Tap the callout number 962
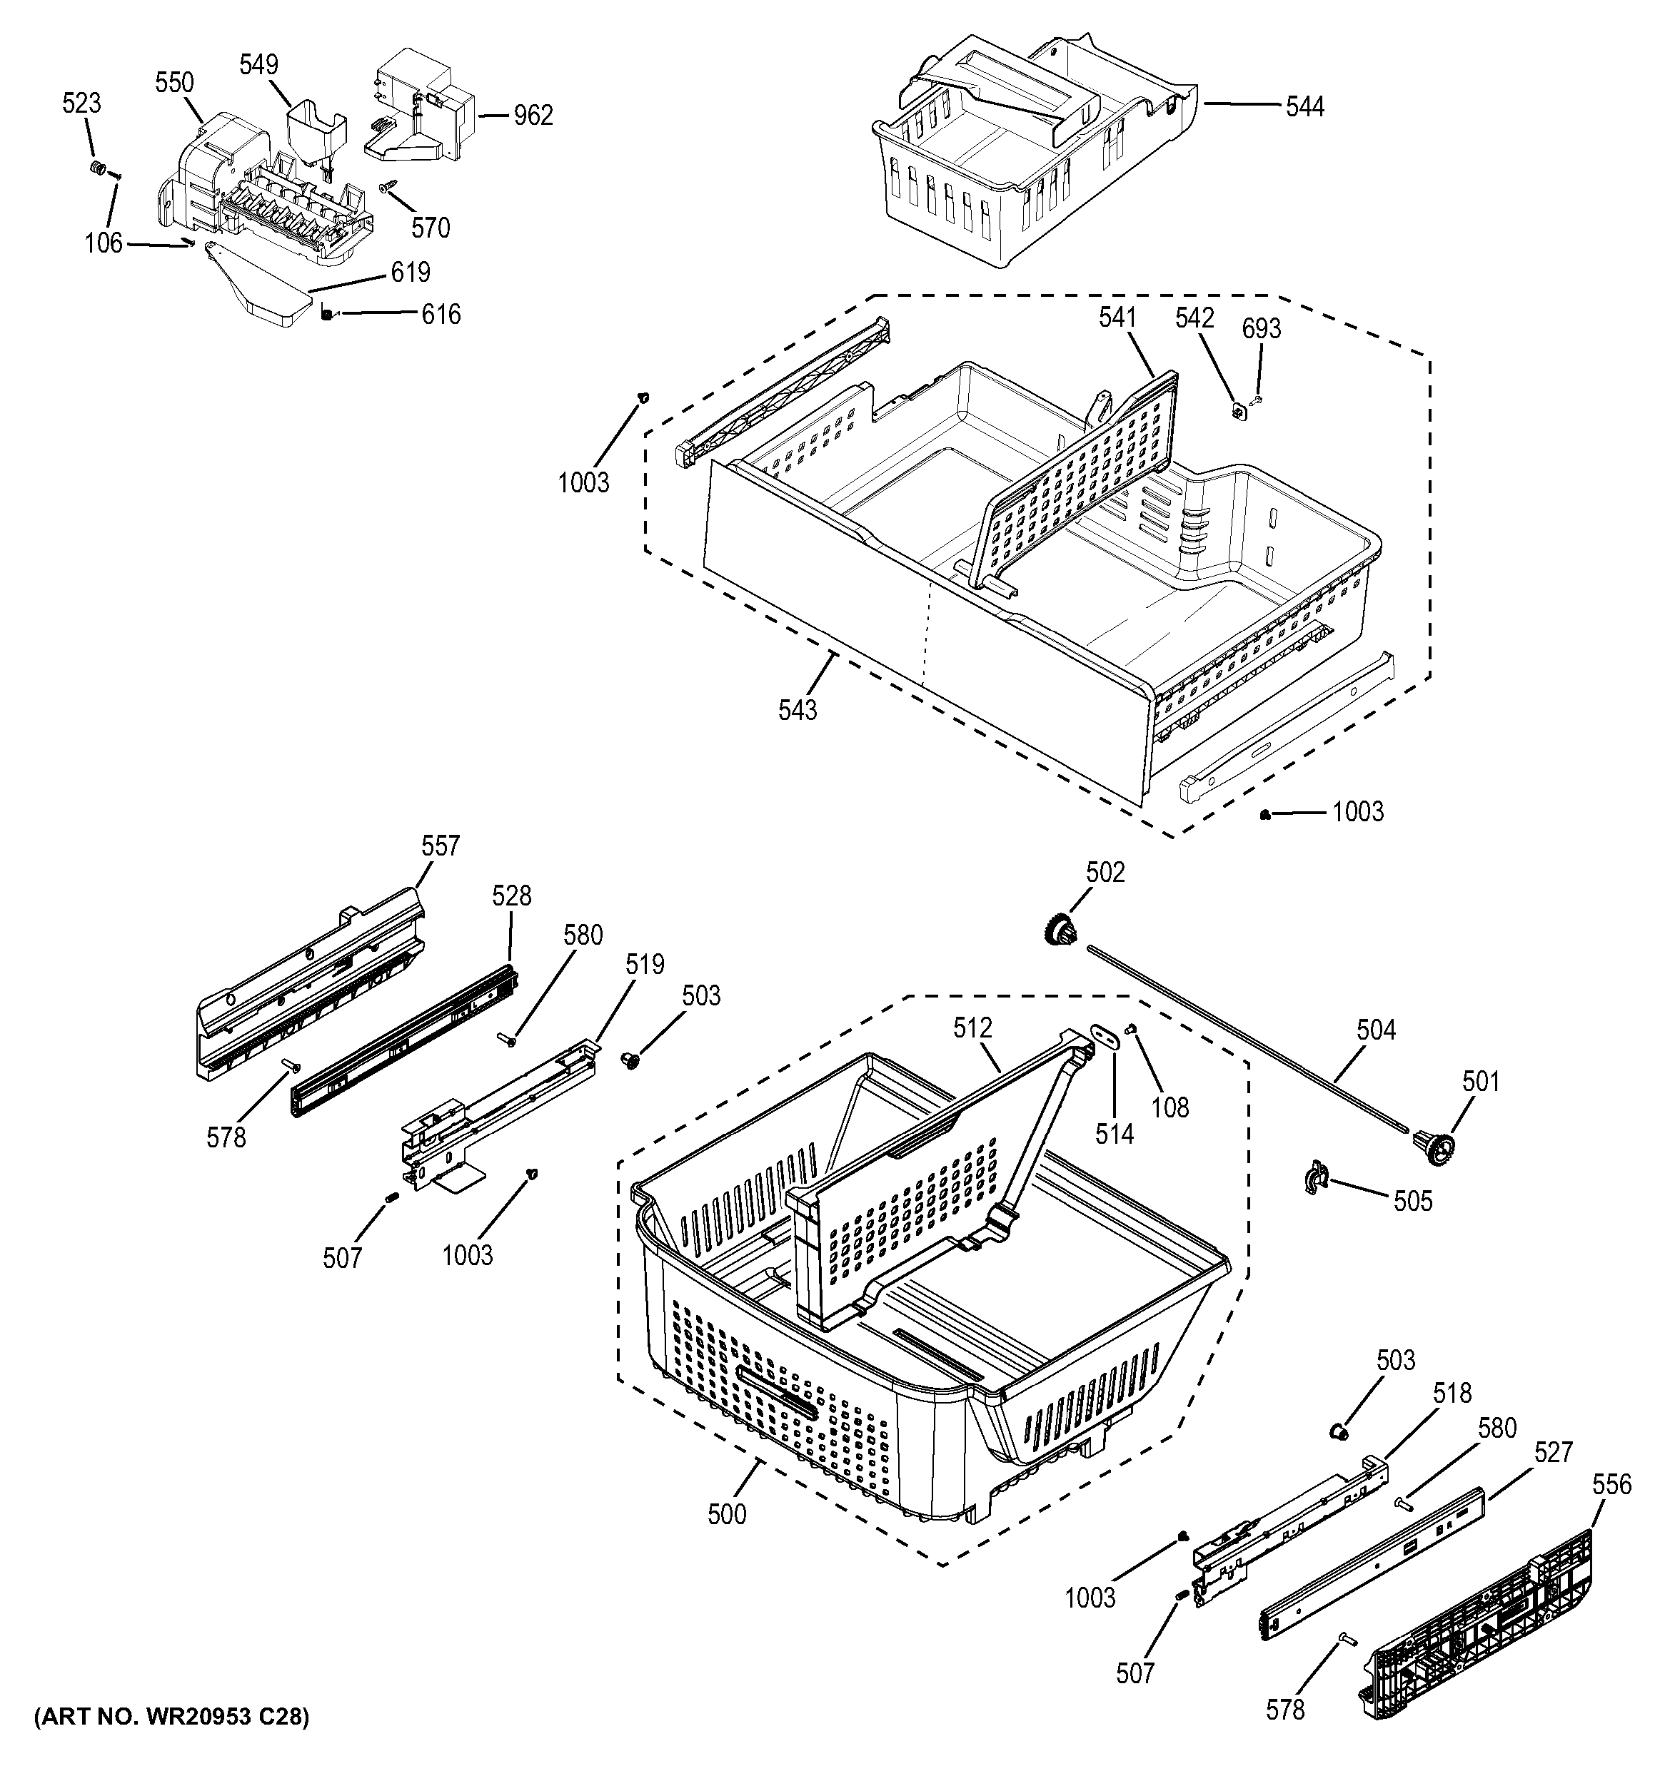point(533,116)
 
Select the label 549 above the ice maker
point(258,64)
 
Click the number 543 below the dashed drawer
point(797,710)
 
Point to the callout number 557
point(440,846)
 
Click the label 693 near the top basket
point(1261,329)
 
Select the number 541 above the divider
point(1117,317)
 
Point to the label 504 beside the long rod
point(1376,1030)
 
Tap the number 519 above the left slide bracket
point(644,964)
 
